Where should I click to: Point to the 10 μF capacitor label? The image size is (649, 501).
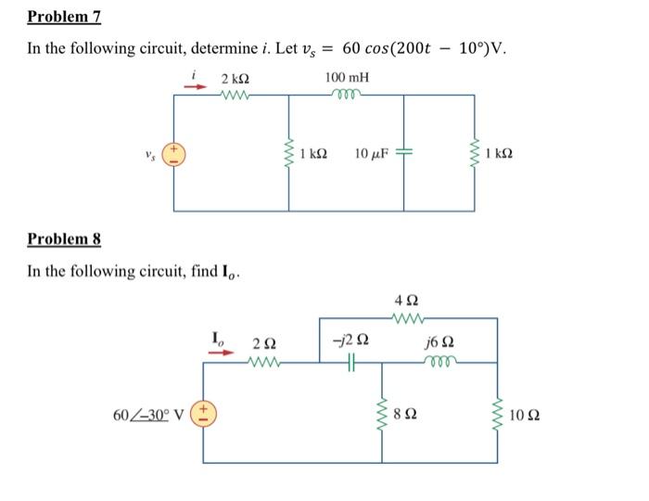coord(375,152)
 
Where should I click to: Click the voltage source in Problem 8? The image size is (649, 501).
coord(205,412)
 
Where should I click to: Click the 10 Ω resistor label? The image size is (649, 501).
coord(525,412)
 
